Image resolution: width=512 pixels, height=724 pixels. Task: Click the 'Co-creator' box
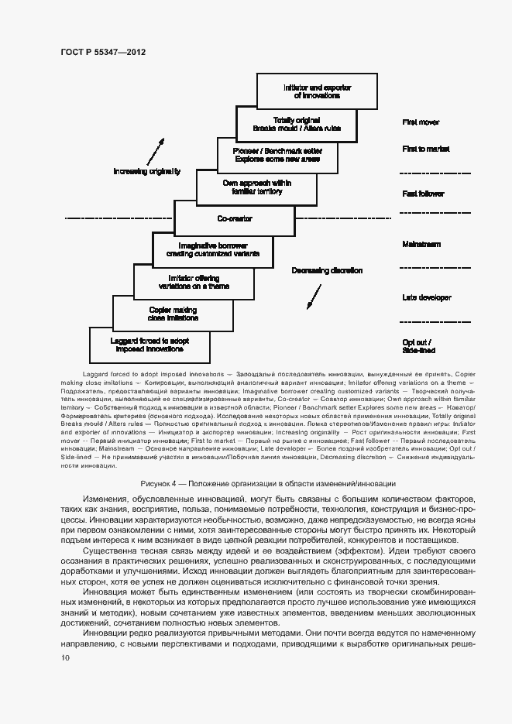(x=235, y=219)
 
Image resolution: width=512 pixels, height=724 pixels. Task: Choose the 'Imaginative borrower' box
(x=214, y=249)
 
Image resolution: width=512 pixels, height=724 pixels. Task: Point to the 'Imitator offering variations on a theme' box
(x=194, y=282)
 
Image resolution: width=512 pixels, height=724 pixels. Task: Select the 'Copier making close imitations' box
(x=173, y=314)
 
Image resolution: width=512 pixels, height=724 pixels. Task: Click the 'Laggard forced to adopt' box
(x=149, y=345)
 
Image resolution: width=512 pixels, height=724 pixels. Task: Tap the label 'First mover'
(x=421, y=122)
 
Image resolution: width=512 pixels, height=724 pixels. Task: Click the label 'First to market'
(x=425, y=149)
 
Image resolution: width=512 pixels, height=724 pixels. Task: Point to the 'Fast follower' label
(x=422, y=194)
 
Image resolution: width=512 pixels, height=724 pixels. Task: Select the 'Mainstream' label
(x=421, y=244)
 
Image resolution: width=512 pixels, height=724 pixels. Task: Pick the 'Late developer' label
(x=426, y=297)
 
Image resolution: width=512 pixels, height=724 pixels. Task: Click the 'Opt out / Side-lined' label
(x=418, y=346)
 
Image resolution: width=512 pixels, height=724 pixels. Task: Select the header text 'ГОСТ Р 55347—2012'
(x=103, y=52)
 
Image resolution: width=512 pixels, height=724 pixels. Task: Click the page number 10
(x=65, y=657)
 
